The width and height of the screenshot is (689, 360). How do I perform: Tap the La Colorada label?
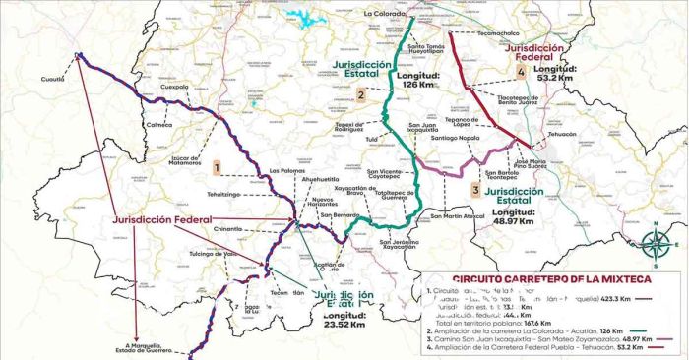click(385, 15)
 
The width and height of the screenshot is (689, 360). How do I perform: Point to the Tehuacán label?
click(563, 133)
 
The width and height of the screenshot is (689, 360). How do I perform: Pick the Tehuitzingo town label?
click(222, 194)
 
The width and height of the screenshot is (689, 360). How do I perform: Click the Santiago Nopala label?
click(455, 139)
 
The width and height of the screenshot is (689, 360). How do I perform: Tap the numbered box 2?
click(361, 94)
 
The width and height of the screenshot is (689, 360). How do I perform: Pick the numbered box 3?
click(475, 189)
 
